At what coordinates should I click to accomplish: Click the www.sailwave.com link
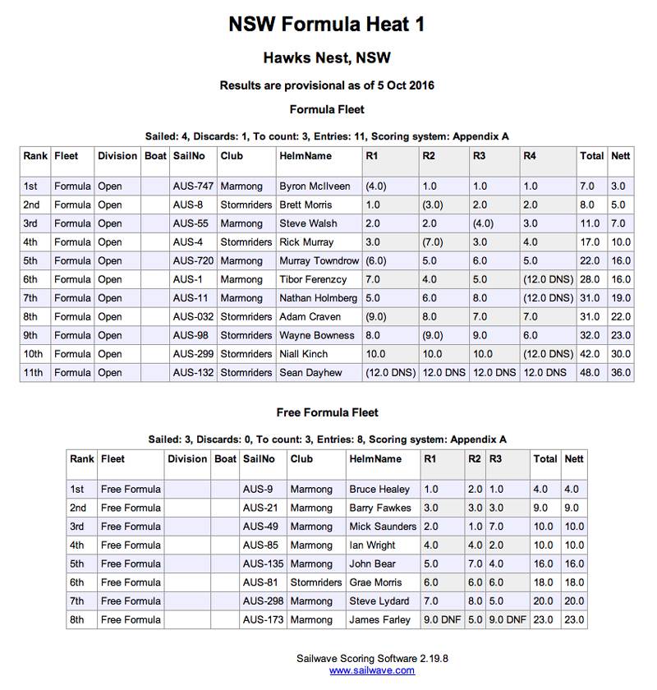pyautogui.click(x=372, y=670)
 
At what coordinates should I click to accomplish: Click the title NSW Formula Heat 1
pyautogui.click(x=327, y=25)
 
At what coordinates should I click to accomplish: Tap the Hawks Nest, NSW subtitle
pyautogui.click(x=327, y=58)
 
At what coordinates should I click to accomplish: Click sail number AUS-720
pyautogui.click(x=193, y=261)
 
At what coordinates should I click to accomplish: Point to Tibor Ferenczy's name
pyautogui.click(x=313, y=279)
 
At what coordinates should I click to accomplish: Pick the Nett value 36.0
pyautogui.click(x=621, y=373)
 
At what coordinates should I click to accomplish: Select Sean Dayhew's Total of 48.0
pyautogui.click(x=591, y=373)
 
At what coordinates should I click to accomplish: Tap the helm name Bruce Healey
pyautogui.click(x=379, y=490)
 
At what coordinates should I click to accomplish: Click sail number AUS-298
pyautogui.click(x=263, y=601)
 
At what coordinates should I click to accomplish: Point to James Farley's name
pyautogui.click(x=379, y=620)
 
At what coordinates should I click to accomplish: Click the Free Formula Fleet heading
pyautogui.click(x=327, y=412)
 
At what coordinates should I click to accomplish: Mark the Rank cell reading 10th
pyautogui.click(x=34, y=354)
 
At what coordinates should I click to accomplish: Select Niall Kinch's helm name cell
pyautogui.click(x=303, y=354)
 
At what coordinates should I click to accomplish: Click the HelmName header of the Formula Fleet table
pyautogui.click(x=306, y=155)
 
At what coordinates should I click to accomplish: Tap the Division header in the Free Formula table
pyautogui.click(x=187, y=459)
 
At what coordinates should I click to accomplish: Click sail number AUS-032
pyautogui.click(x=193, y=317)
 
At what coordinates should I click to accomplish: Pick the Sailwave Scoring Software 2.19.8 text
pyautogui.click(x=372, y=658)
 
